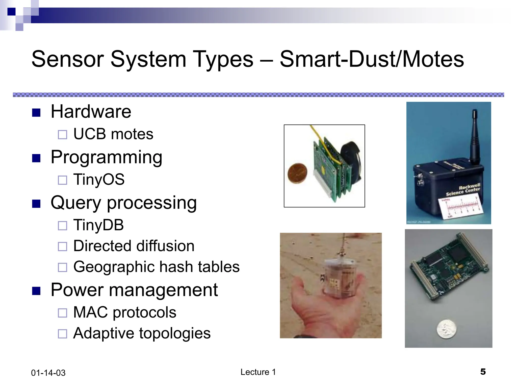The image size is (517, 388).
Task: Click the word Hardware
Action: pyautogui.click(x=91, y=112)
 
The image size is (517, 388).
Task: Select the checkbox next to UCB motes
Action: pyautogui.click(x=62, y=135)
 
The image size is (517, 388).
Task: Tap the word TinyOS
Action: pyautogui.click(x=99, y=180)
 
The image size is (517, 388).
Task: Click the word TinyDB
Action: pyautogui.click(x=98, y=225)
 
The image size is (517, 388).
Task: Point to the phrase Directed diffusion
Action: pyautogui.click(x=134, y=246)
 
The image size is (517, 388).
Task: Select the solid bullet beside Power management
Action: pyautogui.click(x=36, y=291)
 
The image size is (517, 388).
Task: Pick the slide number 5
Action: pyautogui.click(x=483, y=372)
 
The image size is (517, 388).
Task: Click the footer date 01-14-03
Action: pyautogui.click(x=48, y=373)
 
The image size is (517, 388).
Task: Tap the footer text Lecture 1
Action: pyautogui.click(x=258, y=372)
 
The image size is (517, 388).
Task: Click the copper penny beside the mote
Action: pyautogui.click(x=298, y=173)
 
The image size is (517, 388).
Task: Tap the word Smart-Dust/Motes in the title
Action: pyautogui.click(x=372, y=59)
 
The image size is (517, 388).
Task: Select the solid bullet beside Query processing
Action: pyautogui.click(x=36, y=204)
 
